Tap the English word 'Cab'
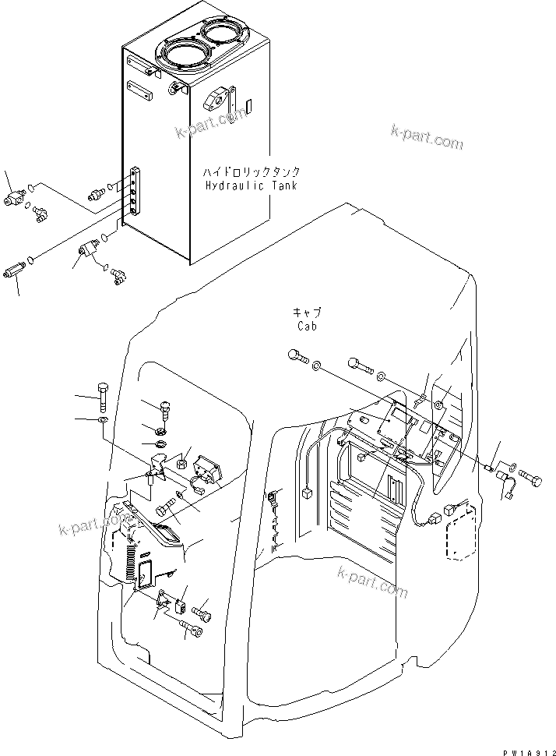pos(306,327)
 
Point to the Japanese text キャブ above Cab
pos(306,313)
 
